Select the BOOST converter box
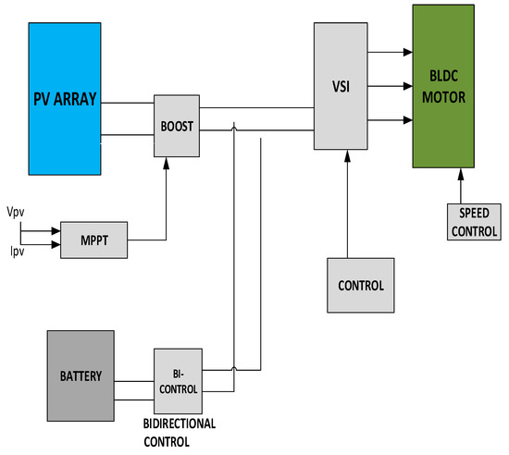pos(177,125)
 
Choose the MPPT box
pos(93,240)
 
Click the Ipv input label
pos(16,250)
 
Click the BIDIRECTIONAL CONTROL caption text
pos(180,432)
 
